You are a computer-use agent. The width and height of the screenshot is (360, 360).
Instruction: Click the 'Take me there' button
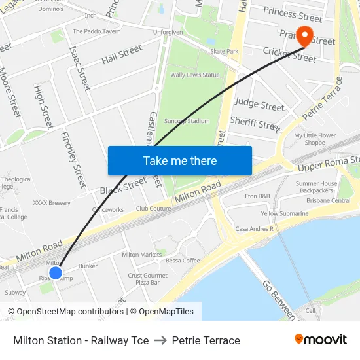pos(180,160)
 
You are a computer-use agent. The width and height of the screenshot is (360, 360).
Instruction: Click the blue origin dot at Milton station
pos(56,272)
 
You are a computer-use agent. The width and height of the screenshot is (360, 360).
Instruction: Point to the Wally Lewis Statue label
pos(195,75)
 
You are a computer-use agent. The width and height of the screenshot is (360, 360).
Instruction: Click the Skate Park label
pos(224,51)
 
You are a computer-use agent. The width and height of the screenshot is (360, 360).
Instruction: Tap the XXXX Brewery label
pos(52,203)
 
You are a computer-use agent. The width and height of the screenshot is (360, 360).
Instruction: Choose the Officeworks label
pos(108,210)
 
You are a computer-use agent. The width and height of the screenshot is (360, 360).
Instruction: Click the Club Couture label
pos(153,209)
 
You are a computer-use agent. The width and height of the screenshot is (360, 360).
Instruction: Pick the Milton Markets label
pos(141,255)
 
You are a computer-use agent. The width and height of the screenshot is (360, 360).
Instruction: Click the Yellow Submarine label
pos(285,213)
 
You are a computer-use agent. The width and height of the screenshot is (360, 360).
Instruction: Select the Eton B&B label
pos(257,196)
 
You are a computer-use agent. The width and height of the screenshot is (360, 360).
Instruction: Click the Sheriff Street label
pos(255,123)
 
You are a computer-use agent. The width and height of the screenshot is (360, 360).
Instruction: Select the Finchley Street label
pos(73,158)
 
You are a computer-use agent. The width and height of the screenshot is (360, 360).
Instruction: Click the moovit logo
pos(321,340)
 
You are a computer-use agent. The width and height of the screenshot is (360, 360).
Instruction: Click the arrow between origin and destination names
pos(160,340)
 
